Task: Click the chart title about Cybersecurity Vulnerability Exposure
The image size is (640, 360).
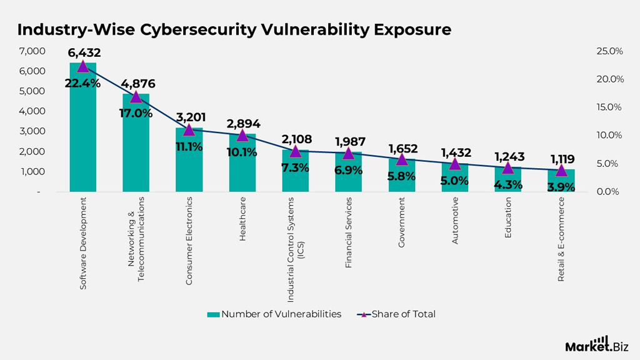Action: [x=234, y=29]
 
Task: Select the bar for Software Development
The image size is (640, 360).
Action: [x=82, y=137]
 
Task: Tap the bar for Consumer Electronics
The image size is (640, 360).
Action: [x=189, y=162]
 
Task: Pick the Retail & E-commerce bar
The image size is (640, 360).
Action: [x=561, y=181]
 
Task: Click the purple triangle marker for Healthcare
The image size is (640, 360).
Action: [x=242, y=135]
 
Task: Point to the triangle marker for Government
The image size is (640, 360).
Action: [x=402, y=159]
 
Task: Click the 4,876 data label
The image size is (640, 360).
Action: [x=136, y=84]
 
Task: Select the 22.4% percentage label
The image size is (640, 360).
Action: [x=82, y=83]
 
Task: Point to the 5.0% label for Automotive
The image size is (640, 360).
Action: [x=454, y=181]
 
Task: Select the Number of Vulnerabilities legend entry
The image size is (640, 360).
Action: [x=274, y=314]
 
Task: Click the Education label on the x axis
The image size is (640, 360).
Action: [x=508, y=218]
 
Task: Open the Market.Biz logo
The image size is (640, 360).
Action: [x=596, y=344]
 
